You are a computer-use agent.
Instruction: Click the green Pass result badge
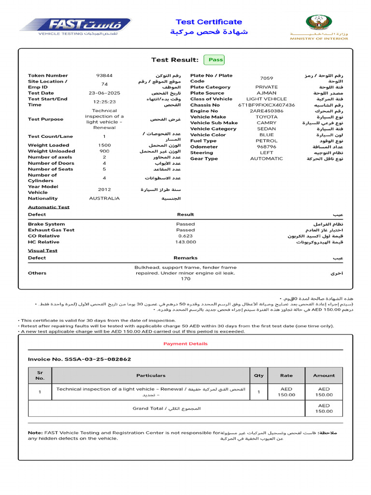[x=215, y=60]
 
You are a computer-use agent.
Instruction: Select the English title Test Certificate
[x=209, y=22]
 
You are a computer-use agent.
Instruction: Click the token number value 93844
[x=104, y=75]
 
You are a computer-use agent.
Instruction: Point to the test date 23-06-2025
[x=104, y=93]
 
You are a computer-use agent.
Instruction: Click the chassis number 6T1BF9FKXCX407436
[x=267, y=105]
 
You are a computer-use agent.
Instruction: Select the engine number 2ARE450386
[x=267, y=111]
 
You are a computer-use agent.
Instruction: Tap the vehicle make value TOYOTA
[x=267, y=117]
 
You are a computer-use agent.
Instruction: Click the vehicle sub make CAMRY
[x=267, y=123]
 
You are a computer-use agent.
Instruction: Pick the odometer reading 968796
[x=267, y=146]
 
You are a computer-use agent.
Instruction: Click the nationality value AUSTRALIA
[x=104, y=198]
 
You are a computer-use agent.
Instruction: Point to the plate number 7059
[x=267, y=78]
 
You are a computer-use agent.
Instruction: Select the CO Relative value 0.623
[x=185, y=236]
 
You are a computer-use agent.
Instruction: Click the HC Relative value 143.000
[x=185, y=242]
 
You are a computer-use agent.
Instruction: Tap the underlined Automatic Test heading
[x=49, y=207]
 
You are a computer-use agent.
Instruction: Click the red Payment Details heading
[x=185, y=344]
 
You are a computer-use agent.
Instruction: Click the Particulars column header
[x=151, y=375]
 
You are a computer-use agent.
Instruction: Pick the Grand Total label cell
[x=166, y=408]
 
